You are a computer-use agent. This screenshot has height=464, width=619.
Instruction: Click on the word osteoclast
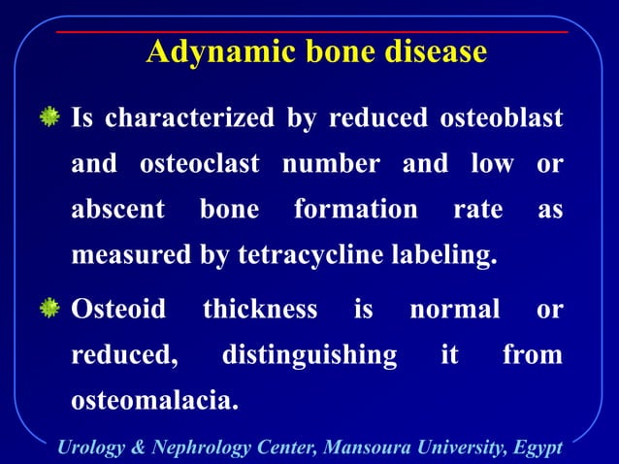[199, 165]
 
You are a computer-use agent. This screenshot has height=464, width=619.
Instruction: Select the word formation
[355, 211]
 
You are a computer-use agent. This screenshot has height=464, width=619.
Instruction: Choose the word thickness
[259, 310]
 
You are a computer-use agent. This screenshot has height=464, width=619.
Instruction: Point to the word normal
[454, 310]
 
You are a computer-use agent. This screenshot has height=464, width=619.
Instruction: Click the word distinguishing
[309, 355]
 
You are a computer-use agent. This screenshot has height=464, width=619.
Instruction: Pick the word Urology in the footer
[92, 447]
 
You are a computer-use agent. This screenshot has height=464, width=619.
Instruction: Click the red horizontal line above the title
[310, 32]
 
